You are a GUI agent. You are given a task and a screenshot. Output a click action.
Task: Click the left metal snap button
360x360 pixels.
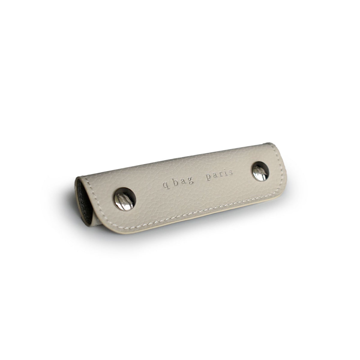[124, 199]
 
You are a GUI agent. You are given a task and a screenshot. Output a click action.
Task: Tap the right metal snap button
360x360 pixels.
[260, 171]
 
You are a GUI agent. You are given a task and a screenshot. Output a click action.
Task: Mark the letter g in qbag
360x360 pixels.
[190, 182]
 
